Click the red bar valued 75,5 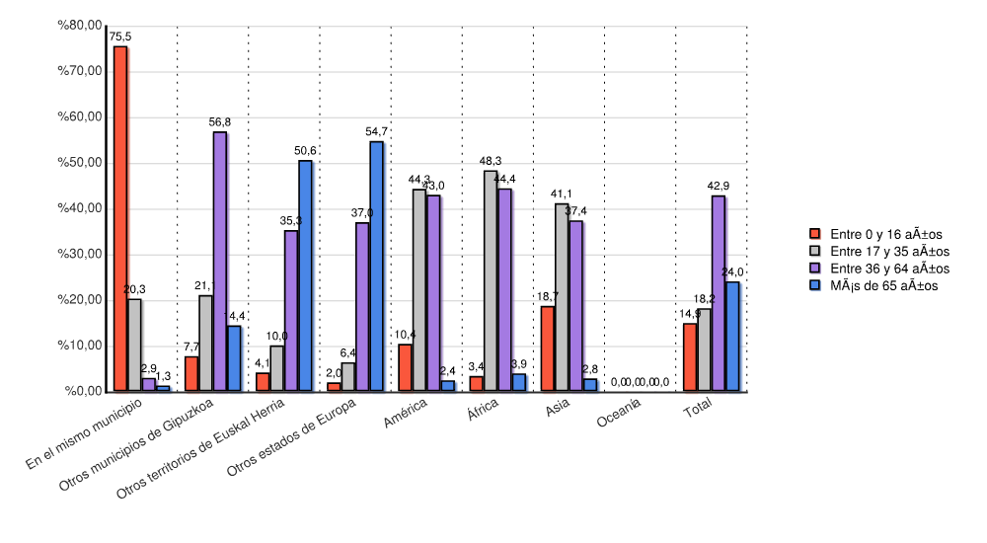(120, 218)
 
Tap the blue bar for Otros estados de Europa (377, 267)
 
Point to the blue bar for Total (732, 337)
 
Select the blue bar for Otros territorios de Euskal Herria (305, 275)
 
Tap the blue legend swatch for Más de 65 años (815, 285)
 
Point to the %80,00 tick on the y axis (80, 26)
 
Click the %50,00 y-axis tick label (80, 163)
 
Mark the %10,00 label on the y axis (80, 346)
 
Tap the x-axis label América (406, 410)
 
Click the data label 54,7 (376, 131)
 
